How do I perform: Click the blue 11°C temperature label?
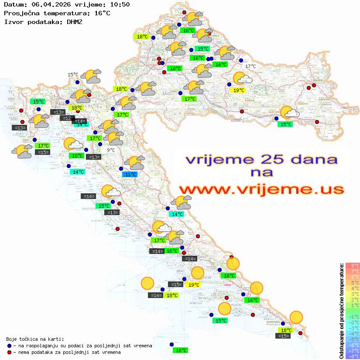(x=130, y=175)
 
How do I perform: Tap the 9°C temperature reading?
(x=111, y=150)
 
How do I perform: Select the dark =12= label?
(x=67, y=118)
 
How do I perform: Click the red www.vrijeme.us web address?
(x=261, y=190)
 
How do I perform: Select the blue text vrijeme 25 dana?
(x=261, y=159)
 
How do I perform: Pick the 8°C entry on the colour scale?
(x=353, y=266)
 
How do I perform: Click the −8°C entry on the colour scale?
(x=353, y=357)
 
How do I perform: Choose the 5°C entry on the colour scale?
(x=353, y=283)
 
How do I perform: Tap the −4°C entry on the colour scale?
(x=353, y=334)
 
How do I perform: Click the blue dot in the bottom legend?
(x=9, y=346)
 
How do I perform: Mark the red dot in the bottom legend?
(x=9, y=352)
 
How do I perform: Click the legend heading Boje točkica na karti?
(x=35, y=339)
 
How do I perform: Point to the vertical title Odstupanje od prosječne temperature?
(x=342, y=311)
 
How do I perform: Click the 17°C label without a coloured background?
(x=250, y=66)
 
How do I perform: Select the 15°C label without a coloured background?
(x=73, y=75)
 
